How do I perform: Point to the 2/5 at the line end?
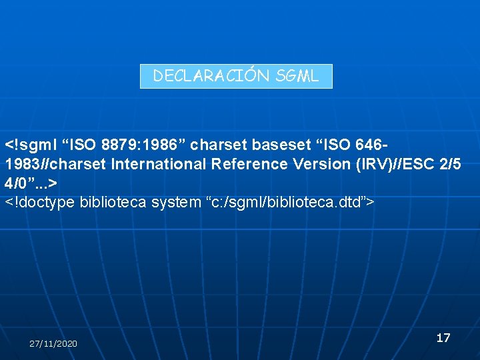[x=447, y=163]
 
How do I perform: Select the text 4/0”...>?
[x=31, y=182]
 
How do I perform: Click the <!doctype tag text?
[x=39, y=201]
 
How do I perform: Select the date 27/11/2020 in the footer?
[x=53, y=343]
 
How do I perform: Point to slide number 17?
[x=443, y=338]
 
